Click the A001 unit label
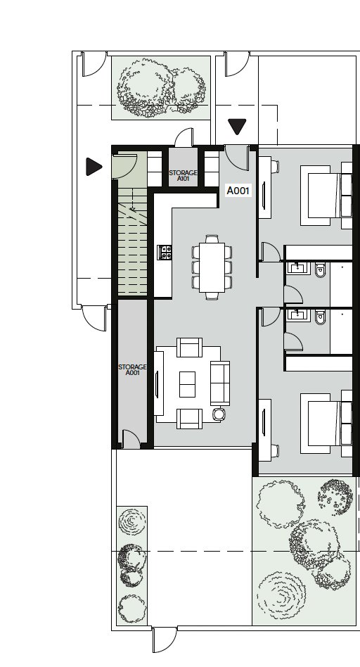coord(238,191)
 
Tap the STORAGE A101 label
coord(184,176)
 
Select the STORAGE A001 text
coord(133,369)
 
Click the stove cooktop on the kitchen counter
coord(165,253)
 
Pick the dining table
coord(212,267)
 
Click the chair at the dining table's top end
coord(212,239)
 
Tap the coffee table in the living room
coord(187,384)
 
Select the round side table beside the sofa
coord(219,414)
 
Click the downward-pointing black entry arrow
coord(237,127)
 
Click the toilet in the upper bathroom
coord(321,269)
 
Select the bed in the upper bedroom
coord(326,196)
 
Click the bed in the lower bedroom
coord(326,423)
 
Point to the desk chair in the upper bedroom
coord(275,166)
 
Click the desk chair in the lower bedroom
coord(275,451)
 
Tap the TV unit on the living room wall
coord(158,383)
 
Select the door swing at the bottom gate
coord(165,640)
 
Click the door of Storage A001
coord(131,439)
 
